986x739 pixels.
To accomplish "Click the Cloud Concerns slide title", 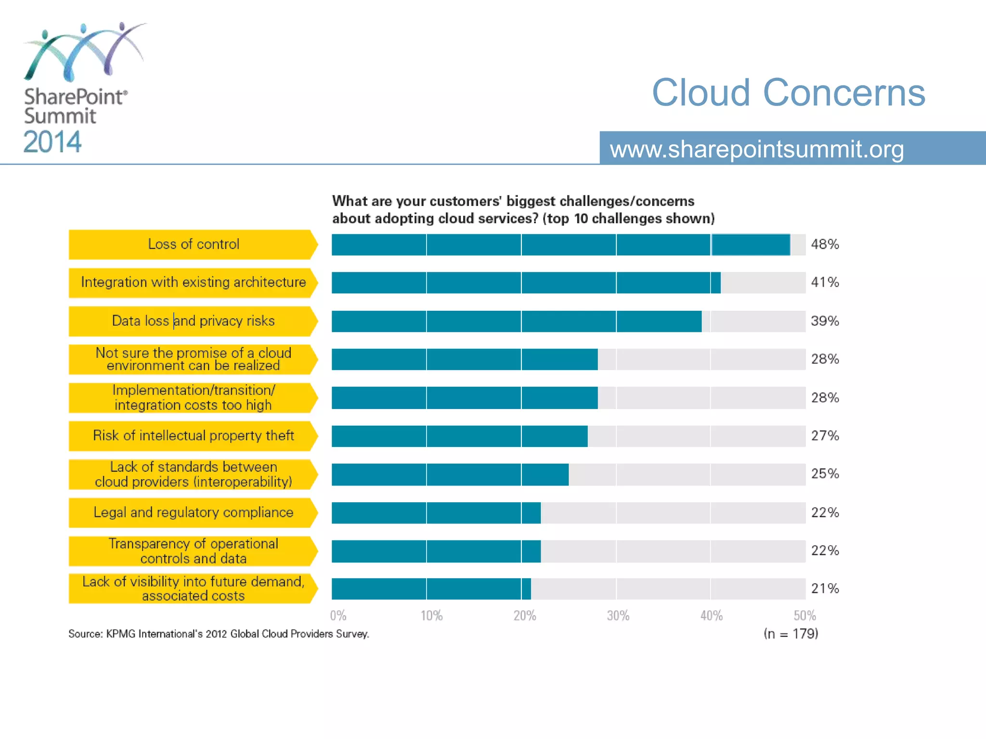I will pos(788,92).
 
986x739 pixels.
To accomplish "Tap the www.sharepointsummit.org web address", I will pos(757,149).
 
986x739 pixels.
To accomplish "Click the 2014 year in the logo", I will pos(52,142).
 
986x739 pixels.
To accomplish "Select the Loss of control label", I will pos(193,244).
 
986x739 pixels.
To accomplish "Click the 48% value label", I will pos(825,244).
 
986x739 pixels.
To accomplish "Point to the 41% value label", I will pos(825,282).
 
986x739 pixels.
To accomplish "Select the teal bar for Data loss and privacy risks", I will pos(516,321).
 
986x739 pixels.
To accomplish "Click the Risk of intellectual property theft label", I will pos(193,436).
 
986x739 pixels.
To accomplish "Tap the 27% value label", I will pos(825,436).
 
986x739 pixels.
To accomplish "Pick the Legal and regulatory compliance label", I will pos(193,512).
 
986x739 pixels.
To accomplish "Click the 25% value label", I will pos(825,474).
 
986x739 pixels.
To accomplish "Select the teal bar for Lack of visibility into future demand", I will pos(431,589).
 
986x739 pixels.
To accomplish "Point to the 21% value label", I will pos(825,588).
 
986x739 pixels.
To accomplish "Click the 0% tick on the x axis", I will pos(338,616).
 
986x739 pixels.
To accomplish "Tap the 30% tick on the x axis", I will pos(618,616).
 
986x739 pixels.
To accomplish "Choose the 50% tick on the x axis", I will pos(804,616).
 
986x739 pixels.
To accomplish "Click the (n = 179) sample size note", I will pos(791,634).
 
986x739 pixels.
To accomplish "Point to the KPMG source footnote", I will pos(219,634).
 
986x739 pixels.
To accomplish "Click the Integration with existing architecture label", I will pos(193,282).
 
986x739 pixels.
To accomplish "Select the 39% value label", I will pos(825,321).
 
